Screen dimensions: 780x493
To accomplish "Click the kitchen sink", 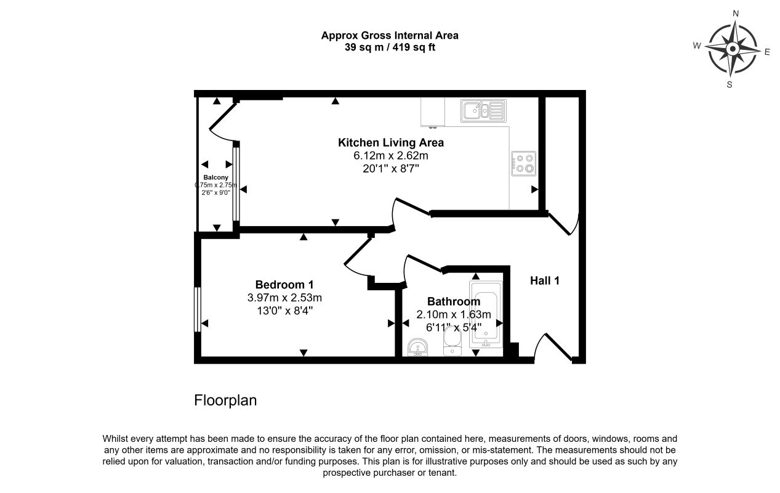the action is click(x=483, y=111).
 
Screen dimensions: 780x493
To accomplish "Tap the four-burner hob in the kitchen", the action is click(x=523, y=163).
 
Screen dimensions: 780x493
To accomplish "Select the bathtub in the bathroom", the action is click(x=486, y=314).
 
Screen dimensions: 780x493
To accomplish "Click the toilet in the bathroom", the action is click(x=452, y=341).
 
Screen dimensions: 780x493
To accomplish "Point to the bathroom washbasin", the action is click(x=417, y=348).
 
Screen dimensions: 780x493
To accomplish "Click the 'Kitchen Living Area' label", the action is click(x=391, y=142).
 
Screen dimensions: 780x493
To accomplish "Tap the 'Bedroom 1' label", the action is click(x=284, y=285).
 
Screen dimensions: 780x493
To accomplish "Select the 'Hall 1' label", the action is click(x=545, y=280).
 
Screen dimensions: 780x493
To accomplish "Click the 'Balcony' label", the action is click(x=216, y=177).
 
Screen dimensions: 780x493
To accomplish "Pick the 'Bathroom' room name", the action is click(x=454, y=301).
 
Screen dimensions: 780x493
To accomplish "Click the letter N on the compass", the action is click(x=736, y=14).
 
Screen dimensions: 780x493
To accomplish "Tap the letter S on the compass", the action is click(x=730, y=84).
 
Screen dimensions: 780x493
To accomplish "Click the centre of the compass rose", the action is click(x=733, y=49).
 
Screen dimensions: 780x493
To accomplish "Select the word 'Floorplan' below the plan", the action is click(x=225, y=401).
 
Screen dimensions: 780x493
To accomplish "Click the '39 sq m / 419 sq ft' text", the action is click(x=390, y=47).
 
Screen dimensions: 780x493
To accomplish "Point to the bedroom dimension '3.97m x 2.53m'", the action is click(x=284, y=298).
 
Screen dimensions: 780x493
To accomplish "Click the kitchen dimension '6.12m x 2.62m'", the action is click(x=391, y=155).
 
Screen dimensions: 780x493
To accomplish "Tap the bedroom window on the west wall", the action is click(x=198, y=309).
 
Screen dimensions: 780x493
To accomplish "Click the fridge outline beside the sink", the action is click(x=433, y=112).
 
